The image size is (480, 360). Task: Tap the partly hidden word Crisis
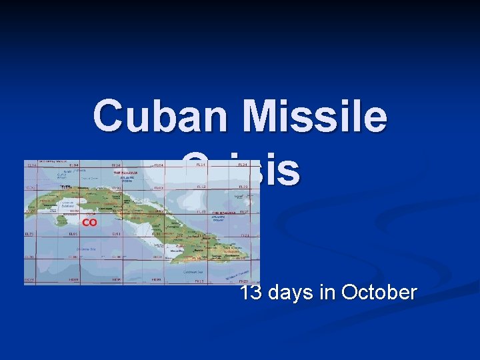pos(241,169)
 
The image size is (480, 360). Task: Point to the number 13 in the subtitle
pos(252,292)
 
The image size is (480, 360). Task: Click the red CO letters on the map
pos(89,222)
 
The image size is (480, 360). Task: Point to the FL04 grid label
pos(158,165)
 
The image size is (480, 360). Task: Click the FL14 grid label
pos(200,165)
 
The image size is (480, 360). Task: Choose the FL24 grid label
pos(243,165)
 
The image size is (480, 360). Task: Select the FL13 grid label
pos(200,187)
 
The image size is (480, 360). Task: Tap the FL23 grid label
pos(243,187)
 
